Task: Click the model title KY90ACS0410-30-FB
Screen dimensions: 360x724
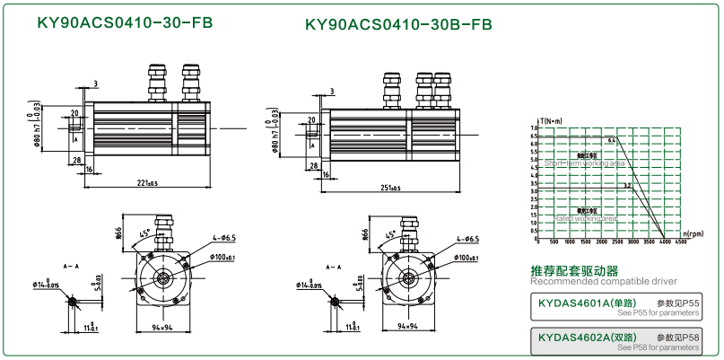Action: coord(125,22)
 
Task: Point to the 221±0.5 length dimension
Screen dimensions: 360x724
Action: coord(147,184)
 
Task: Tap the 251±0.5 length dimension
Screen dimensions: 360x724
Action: coord(389,188)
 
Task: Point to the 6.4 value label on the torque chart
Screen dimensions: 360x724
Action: coord(611,141)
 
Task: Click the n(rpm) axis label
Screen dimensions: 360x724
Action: coord(693,233)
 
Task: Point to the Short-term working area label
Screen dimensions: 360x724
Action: coord(584,164)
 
